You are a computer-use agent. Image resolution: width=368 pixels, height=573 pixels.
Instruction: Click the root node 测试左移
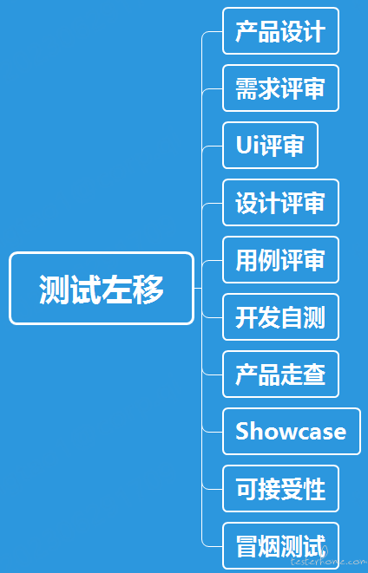coord(102,289)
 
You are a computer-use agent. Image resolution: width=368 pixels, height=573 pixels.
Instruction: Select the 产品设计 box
coord(280,30)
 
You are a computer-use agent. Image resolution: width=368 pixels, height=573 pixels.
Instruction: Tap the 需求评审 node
coord(280,88)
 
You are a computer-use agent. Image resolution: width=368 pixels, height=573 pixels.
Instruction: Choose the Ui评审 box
coord(270,145)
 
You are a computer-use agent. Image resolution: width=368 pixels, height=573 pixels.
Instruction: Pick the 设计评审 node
coord(280,203)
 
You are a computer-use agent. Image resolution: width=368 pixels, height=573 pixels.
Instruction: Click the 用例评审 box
coord(280,260)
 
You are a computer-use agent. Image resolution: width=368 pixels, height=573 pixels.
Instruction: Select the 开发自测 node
coord(280,316)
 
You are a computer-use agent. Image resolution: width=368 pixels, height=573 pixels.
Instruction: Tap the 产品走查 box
coord(280,374)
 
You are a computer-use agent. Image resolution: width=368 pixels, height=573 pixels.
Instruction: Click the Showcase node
coord(292,431)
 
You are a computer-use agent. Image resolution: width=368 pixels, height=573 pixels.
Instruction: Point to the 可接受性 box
coord(280,489)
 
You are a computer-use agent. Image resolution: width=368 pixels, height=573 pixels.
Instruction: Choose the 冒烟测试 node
coord(280,546)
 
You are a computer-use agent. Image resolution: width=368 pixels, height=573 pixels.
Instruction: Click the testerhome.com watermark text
coord(328,561)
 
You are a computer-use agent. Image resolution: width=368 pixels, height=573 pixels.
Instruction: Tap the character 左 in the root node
coord(116,289)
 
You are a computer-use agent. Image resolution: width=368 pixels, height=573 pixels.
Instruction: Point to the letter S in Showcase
coord(242,432)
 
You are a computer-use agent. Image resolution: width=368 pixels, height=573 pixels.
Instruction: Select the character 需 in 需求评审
coord(246,88)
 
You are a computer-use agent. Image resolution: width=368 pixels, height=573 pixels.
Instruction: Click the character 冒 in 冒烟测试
coord(246,546)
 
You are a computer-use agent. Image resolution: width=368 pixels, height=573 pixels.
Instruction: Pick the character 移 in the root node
coord(148,289)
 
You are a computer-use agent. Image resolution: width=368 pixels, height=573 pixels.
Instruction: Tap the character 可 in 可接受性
coord(246,489)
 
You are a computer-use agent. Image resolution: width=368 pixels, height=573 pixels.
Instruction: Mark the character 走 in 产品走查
coord(292,374)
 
